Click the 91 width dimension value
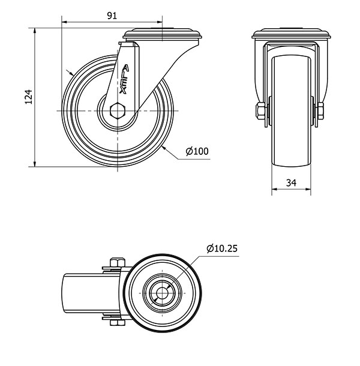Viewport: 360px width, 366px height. (112, 16)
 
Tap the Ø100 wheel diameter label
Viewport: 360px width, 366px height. (197, 151)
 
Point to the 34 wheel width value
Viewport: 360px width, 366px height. (292, 183)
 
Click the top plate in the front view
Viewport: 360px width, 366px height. (292, 34)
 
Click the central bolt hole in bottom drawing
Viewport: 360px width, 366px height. (161, 293)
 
